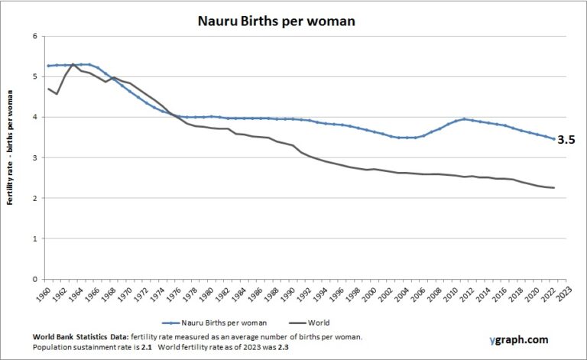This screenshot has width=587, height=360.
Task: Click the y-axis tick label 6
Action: [x=34, y=37]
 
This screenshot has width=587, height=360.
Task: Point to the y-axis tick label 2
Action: [x=34, y=199]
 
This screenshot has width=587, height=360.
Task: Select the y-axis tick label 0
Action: [x=34, y=279]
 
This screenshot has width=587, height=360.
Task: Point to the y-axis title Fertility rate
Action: [x=13, y=157]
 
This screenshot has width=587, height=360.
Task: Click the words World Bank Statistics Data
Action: [x=81, y=337]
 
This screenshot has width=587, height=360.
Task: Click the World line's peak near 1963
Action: [x=73, y=64]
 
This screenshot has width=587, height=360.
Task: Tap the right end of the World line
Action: [x=553, y=188]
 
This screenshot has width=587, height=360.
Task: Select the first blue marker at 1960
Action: [x=48, y=66]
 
